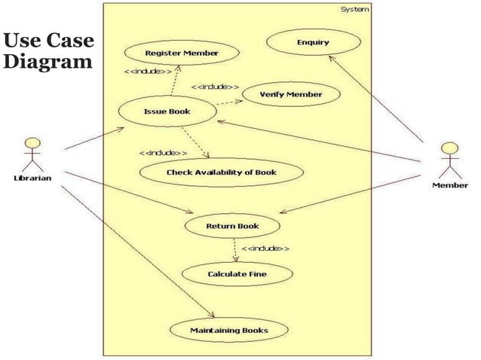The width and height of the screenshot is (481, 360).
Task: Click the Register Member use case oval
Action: [182, 53]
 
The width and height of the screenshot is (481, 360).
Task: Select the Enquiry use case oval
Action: [313, 42]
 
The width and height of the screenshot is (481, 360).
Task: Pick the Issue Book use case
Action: [167, 112]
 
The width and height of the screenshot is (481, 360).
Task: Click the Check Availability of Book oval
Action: [222, 172]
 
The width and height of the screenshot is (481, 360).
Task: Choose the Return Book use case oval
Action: [232, 225]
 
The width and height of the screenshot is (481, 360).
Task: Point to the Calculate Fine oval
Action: [237, 274]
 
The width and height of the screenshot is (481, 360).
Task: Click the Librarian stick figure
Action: [32, 153]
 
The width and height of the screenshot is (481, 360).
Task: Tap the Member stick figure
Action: [450, 157]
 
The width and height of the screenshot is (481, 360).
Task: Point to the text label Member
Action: [450, 184]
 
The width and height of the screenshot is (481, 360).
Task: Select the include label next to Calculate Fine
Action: [265, 248]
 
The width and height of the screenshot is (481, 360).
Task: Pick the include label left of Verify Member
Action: [216, 87]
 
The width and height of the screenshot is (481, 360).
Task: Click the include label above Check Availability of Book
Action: [164, 152]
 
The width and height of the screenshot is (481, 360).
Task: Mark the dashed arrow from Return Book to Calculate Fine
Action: [236, 250]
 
